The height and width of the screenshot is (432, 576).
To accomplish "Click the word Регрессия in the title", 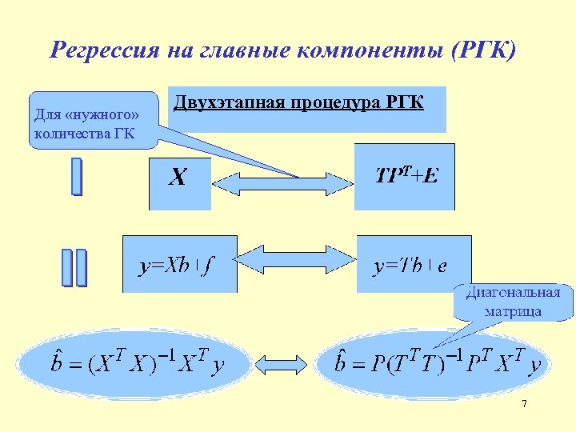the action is [105, 50].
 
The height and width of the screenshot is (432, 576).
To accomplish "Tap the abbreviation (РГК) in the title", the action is [485, 50].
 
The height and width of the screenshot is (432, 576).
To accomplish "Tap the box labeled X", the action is [179, 182].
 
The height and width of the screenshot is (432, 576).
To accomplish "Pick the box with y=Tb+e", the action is [413, 263].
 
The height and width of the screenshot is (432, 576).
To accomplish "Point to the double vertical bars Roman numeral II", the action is [74, 267].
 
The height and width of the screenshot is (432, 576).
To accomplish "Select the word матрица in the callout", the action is [513, 310].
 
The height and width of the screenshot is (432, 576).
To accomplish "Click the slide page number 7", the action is [524, 405].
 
